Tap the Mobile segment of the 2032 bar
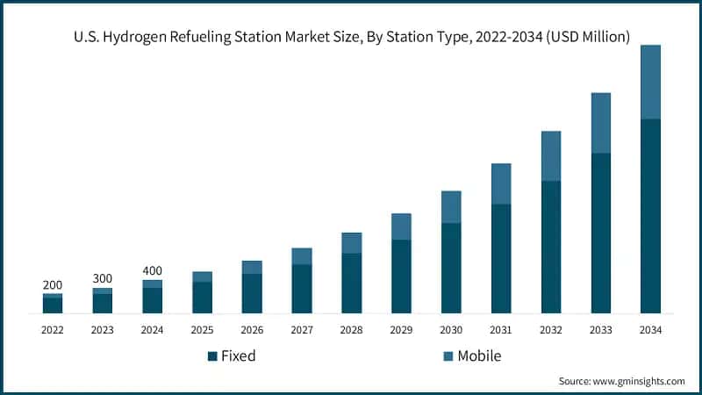(550, 156)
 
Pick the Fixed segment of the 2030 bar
(451, 268)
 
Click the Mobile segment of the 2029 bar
(401, 226)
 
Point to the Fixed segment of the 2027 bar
(302, 289)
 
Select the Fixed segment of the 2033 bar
(600, 233)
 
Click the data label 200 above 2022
(53, 285)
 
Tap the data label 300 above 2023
(103, 278)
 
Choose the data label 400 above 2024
(153, 270)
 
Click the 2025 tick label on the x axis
(202, 330)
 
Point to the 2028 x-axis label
(351, 330)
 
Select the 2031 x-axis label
(501, 330)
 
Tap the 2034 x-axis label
(650, 330)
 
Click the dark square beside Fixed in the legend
(211, 356)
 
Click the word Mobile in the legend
(479, 355)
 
